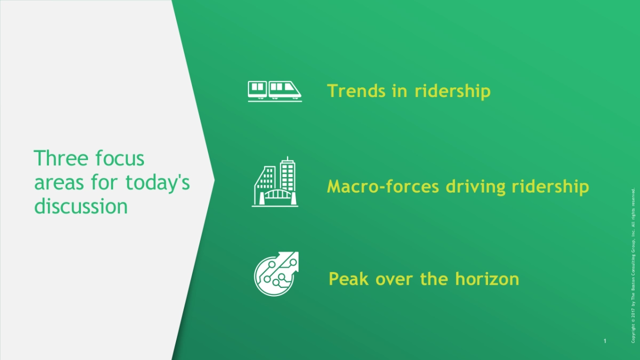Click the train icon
275,91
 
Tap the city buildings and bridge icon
275,181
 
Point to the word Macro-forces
383,186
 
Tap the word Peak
348,278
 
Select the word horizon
487,278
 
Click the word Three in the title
61,158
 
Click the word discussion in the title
81,206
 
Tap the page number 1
605,341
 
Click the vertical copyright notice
633,265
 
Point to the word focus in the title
119,158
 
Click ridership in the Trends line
453,91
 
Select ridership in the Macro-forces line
550,187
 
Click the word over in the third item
394,279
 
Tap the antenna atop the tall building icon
287,158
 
